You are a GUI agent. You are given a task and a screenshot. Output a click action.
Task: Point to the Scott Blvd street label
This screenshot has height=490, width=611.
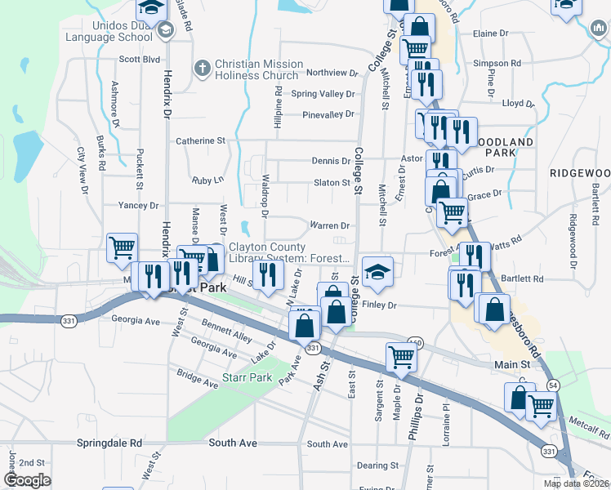point(139,59)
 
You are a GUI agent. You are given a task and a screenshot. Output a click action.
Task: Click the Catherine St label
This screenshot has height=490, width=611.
point(201,140)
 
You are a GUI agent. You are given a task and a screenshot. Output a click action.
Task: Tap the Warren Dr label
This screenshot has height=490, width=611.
point(329,225)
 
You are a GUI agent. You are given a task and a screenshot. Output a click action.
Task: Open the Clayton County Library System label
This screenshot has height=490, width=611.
point(289,253)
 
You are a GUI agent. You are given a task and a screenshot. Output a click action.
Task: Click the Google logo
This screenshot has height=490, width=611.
point(27,480)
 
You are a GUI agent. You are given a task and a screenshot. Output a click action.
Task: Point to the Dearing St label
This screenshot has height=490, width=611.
point(377,465)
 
